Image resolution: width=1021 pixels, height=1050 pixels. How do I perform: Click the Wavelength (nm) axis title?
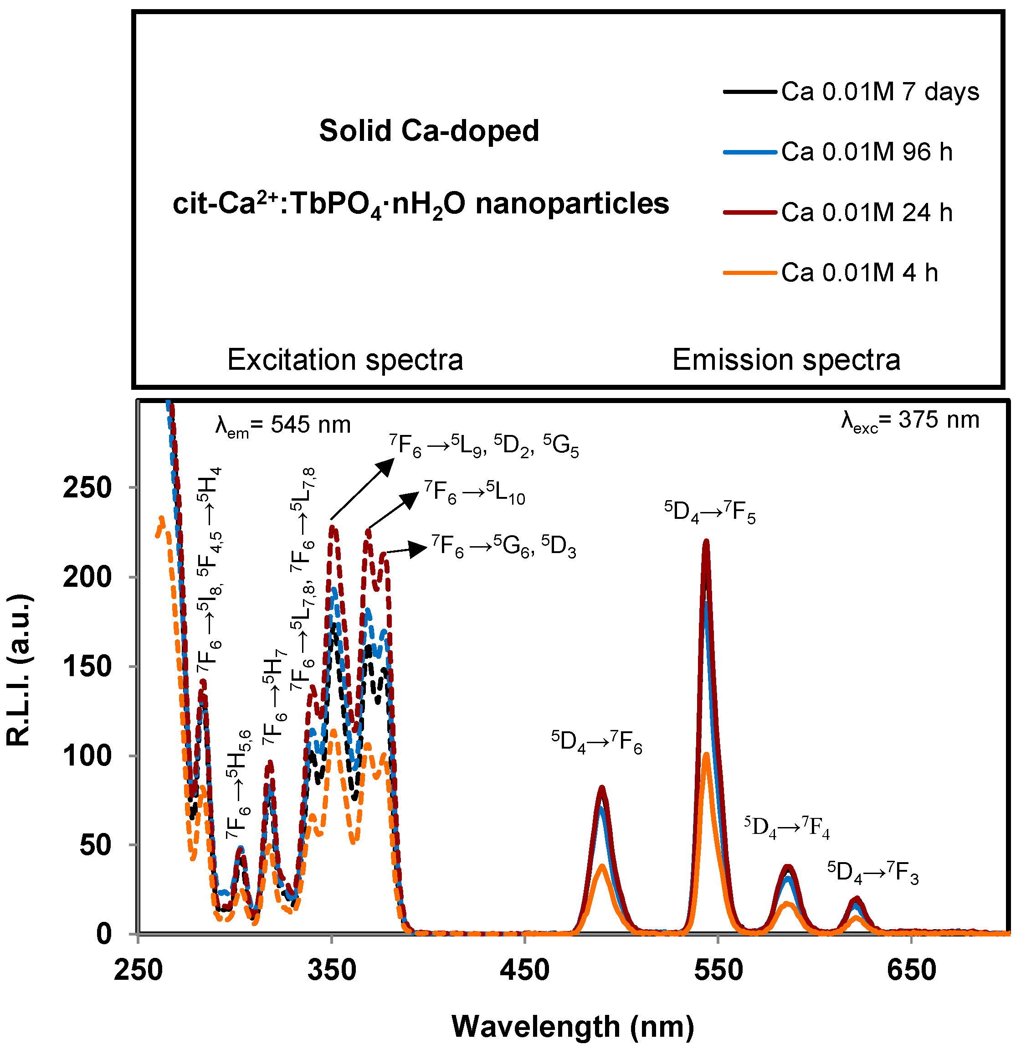click(573, 1026)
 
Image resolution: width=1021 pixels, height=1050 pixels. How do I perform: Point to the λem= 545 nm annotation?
click(283, 425)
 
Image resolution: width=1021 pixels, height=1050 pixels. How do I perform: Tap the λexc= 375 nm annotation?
click(910, 420)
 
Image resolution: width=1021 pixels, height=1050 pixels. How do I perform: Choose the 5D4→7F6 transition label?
click(596, 742)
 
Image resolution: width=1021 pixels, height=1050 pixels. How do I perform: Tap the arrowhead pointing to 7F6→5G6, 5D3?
click(418, 548)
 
